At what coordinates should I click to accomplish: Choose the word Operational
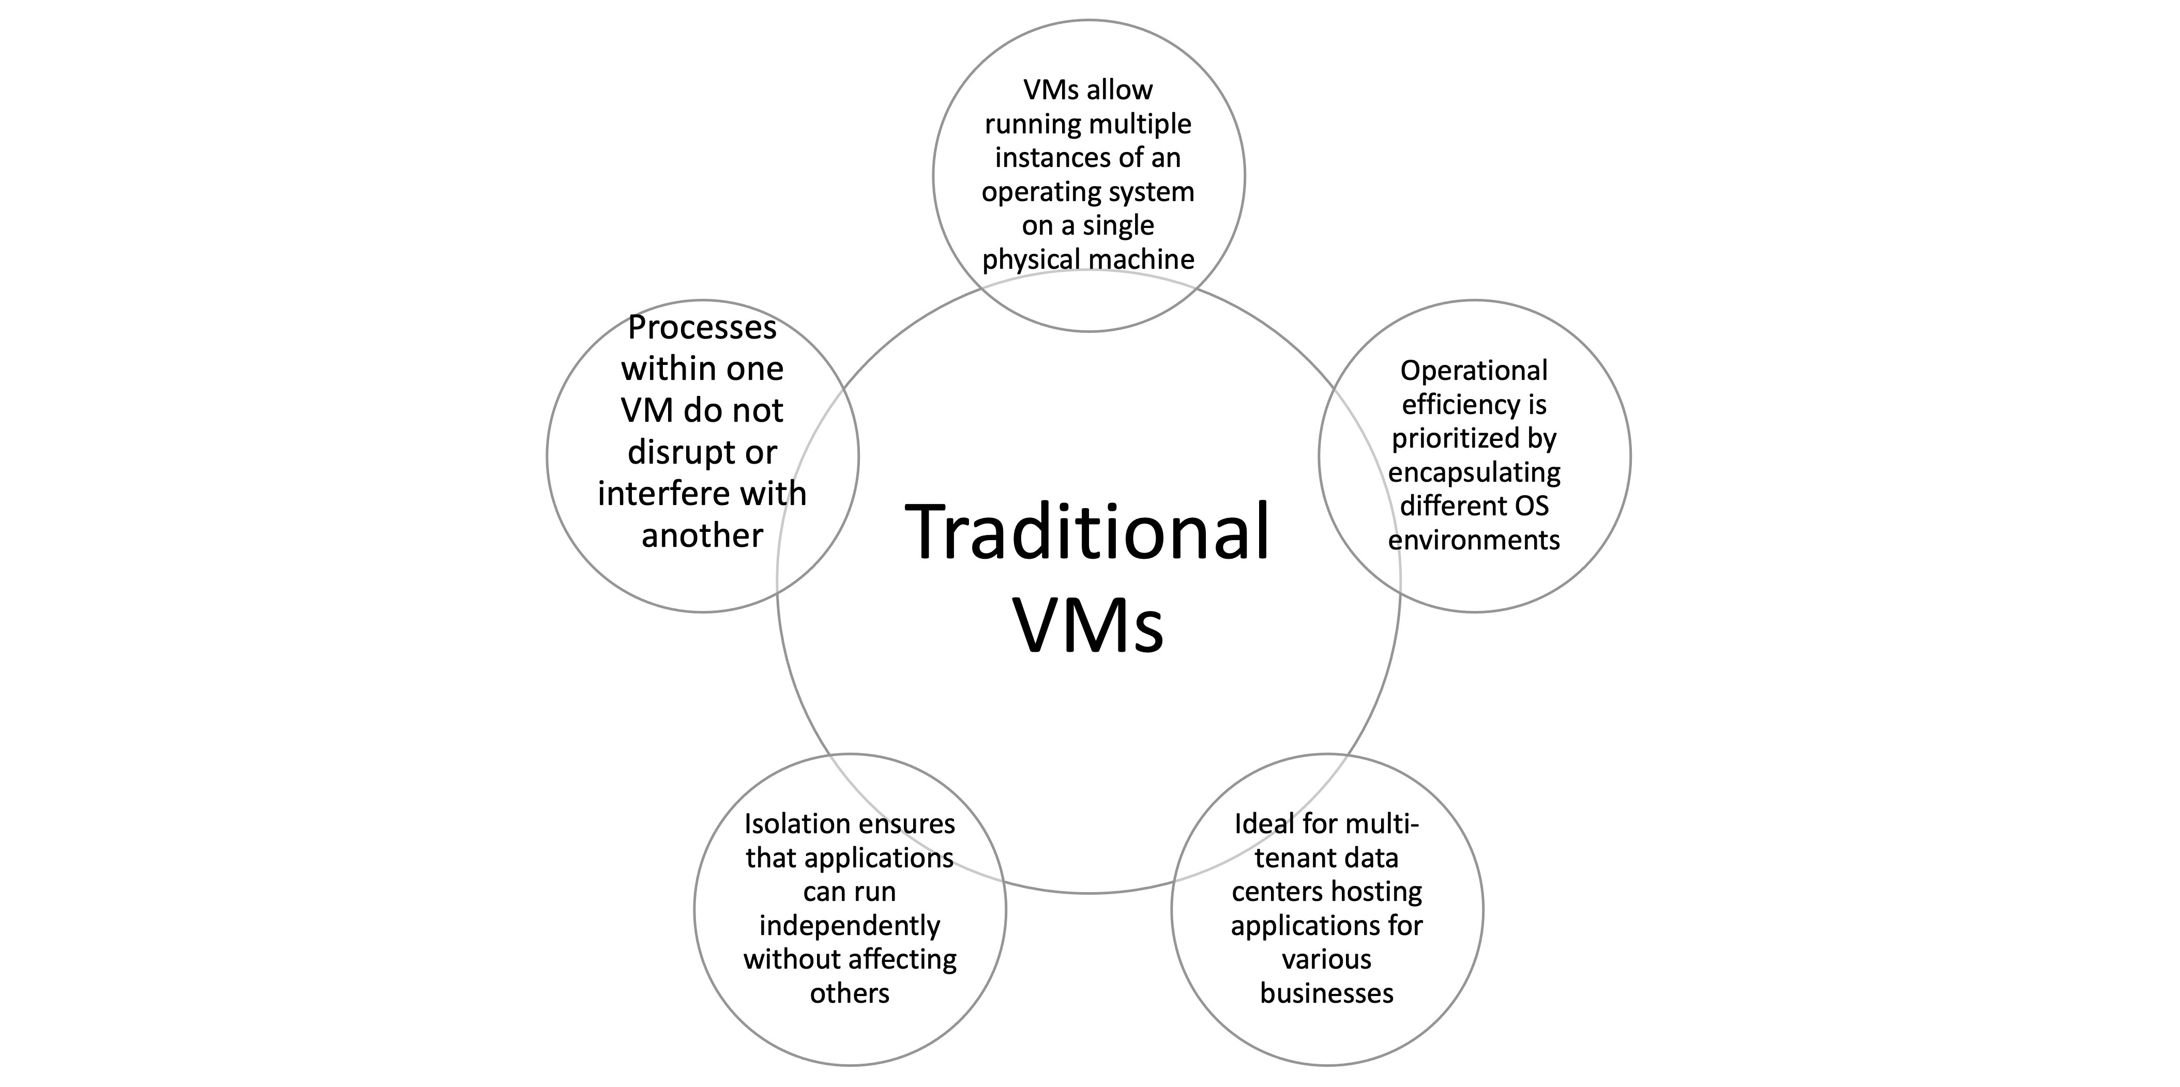tap(1473, 371)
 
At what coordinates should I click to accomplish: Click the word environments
tap(1473, 540)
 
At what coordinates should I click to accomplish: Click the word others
tap(849, 993)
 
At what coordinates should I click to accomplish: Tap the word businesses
tap(1326, 993)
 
